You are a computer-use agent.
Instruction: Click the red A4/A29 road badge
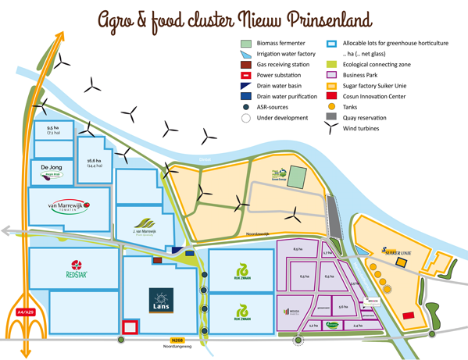pyautogui.click(x=25, y=312)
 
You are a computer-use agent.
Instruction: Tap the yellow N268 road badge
pyautogui.click(x=177, y=340)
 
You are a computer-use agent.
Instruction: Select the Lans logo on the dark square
pyautogui.click(x=162, y=301)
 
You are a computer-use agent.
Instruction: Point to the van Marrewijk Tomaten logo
pyautogui.click(x=69, y=207)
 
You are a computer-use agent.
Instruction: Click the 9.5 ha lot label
pyautogui.click(x=53, y=130)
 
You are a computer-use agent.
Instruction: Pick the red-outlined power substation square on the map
pyautogui.click(x=130, y=327)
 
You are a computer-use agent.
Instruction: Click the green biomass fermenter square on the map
pyautogui.click(x=298, y=177)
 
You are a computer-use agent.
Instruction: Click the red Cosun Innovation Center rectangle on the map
pyautogui.click(x=408, y=315)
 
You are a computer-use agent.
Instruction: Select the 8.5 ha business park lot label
pyautogui.click(x=298, y=249)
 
